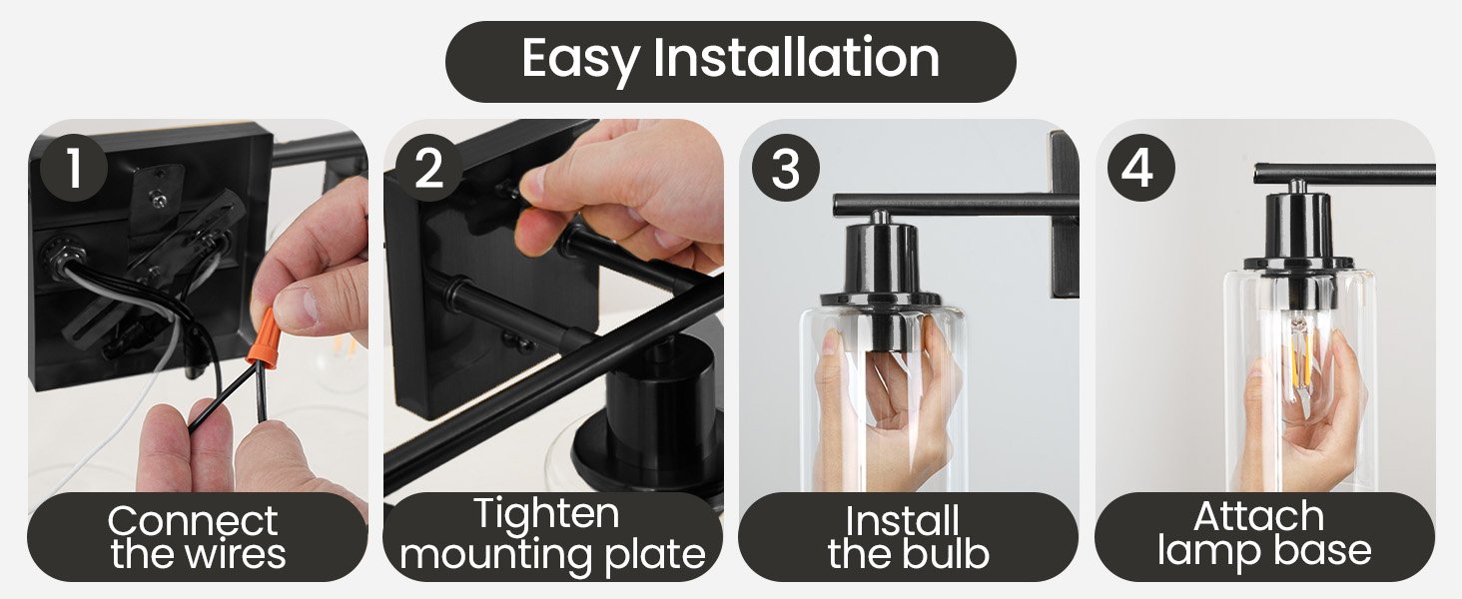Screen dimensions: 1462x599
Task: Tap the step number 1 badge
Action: pos(74,169)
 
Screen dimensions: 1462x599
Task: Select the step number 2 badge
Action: pos(428,169)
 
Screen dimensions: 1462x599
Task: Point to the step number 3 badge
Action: pos(785,169)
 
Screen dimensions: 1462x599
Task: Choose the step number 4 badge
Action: pos(1140,169)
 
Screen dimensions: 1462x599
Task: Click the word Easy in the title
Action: pos(579,59)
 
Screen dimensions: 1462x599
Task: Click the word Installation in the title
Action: pos(796,58)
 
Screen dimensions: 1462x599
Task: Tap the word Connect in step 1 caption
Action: pos(193,521)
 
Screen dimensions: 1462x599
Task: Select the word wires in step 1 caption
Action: pos(236,554)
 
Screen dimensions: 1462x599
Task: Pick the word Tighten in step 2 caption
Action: pos(546,513)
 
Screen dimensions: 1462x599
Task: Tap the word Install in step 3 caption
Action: pos(902,521)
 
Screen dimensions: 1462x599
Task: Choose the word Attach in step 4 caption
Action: pos(1259,517)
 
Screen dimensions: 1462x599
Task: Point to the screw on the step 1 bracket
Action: pos(158,197)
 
